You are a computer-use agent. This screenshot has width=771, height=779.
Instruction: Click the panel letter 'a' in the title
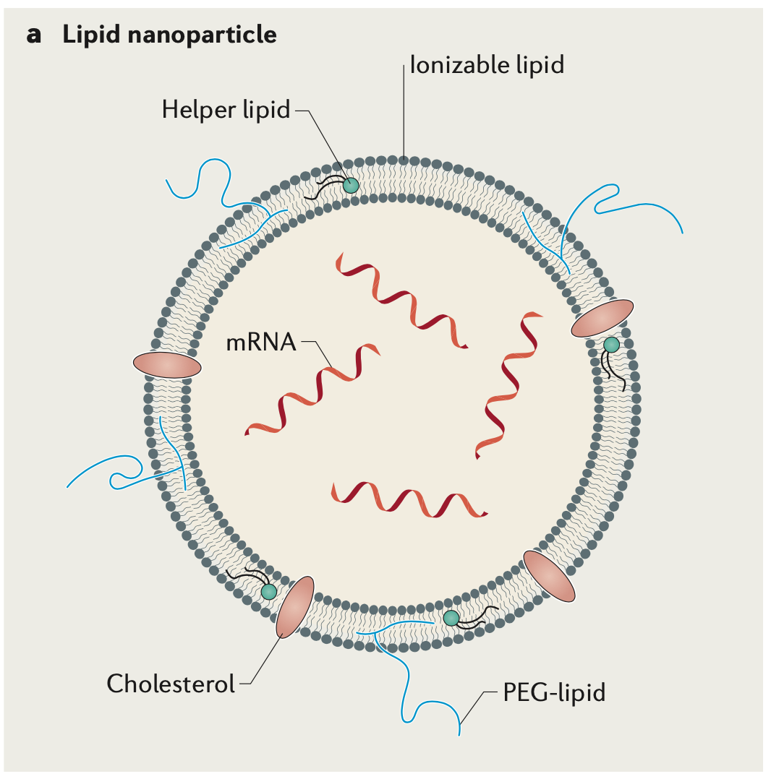[33, 35]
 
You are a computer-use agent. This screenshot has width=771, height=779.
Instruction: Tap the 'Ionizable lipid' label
[487, 65]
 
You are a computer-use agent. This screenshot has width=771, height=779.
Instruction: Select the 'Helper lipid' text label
[226, 110]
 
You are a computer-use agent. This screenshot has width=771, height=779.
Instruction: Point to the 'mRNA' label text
[261, 342]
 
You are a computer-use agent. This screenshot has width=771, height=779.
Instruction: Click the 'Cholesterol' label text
[171, 683]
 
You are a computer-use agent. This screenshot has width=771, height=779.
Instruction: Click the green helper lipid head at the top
[351, 185]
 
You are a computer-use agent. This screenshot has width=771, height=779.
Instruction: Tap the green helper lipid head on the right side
[612, 345]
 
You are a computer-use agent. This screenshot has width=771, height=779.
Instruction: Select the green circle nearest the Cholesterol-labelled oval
[269, 592]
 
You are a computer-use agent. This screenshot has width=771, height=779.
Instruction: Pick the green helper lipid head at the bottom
[451, 617]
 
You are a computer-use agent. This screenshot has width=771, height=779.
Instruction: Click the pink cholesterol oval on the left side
[167, 365]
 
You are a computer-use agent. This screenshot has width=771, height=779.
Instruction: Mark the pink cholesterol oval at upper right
[602, 319]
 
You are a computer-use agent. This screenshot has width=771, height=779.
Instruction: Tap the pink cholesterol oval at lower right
[549, 576]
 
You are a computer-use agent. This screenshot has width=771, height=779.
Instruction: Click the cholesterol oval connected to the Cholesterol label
[295, 606]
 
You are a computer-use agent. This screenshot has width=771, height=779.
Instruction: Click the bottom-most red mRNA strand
[409, 499]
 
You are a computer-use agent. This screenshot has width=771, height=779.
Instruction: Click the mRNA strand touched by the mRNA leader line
[313, 389]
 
